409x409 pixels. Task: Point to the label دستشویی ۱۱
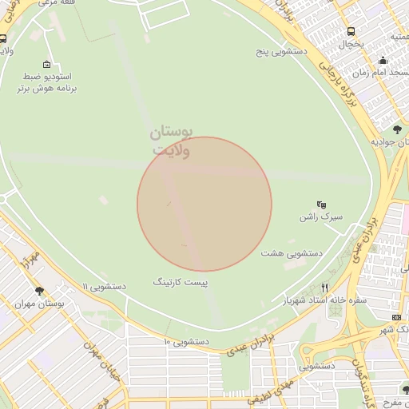pyautogui.click(x=105, y=285)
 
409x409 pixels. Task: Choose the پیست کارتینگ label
pyautogui.click(x=184, y=282)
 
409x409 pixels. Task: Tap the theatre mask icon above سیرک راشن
pyautogui.click(x=321, y=204)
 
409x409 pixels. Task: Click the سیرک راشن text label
pyautogui.click(x=320, y=216)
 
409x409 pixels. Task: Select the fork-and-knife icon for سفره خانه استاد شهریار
pyautogui.click(x=324, y=288)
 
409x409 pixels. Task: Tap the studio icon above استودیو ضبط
pyautogui.click(x=46, y=65)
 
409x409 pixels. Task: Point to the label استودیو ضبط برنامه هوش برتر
pyautogui.click(x=46, y=83)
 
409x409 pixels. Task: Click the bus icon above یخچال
pyautogui.click(x=351, y=32)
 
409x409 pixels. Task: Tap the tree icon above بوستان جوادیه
pyautogui.click(x=396, y=129)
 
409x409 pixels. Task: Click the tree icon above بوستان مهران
pyautogui.click(x=39, y=292)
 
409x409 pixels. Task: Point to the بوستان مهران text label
pyautogui.click(x=39, y=304)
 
